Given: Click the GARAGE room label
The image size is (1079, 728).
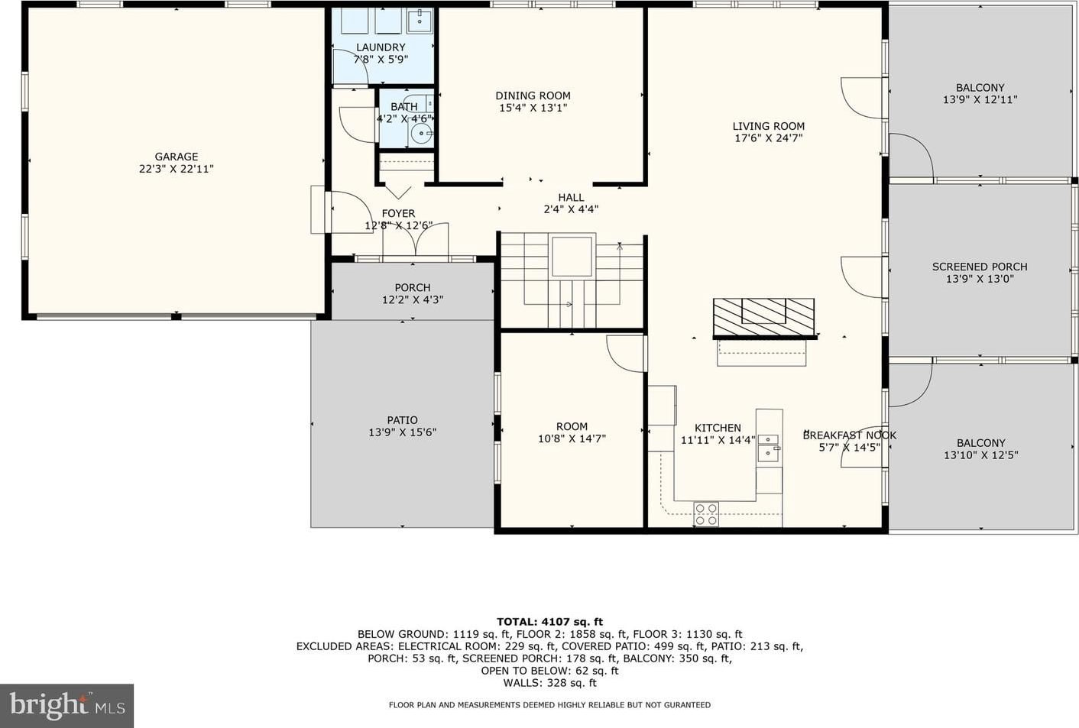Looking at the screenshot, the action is pos(177,157).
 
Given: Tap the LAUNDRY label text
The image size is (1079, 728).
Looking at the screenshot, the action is pos(381,47).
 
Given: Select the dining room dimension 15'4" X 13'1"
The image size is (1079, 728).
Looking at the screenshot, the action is pos(533,108).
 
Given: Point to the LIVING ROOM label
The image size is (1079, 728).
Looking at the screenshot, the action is pos(768,126).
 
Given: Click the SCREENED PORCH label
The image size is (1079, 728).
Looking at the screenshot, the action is pos(980,267).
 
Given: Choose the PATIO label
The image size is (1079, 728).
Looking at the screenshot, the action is pos(402,420).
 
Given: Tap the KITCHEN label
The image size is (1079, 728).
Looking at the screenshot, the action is pos(718,428).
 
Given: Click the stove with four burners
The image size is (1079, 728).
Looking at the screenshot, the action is pos(706,514).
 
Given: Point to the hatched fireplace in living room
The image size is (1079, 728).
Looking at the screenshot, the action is pos(764,318).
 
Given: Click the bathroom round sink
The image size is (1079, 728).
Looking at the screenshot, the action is pos(422,133).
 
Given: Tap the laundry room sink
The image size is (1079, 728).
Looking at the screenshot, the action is pos(420,21).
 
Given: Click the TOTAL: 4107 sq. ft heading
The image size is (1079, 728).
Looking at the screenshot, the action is pos(549,622).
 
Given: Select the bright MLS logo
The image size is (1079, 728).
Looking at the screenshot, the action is pos(66,706).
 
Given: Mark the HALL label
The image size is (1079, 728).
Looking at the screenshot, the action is pos(572,197).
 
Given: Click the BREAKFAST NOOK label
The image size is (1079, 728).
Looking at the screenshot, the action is pos(850,435).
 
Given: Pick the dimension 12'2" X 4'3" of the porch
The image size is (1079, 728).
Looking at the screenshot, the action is pos(413,300).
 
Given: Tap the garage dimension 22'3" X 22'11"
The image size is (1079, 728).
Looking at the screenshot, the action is pos(177,169).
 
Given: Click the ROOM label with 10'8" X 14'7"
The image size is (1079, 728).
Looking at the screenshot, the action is pos(572,426).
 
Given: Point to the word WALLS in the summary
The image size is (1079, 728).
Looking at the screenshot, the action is pos(520,683).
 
